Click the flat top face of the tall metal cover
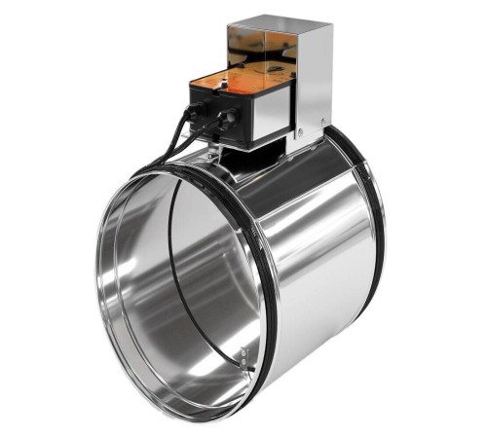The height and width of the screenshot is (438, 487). (x=278, y=24)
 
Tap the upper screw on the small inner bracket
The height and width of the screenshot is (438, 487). (x=243, y=350)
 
